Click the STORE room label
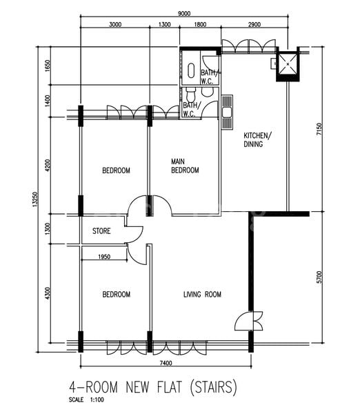(101, 231)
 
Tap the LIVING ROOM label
(203, 294)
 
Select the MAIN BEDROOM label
(185, 166)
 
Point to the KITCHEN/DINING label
(257, 139)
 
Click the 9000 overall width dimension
(184, 14)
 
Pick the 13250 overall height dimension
(35, 199)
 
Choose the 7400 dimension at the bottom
(166, 363)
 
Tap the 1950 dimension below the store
(104, 257)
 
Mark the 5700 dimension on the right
(319, 277)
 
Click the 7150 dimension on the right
(319, 129)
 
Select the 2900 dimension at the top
(254, 25)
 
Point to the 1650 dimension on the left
(48, 66)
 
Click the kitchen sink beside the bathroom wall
(227, 112)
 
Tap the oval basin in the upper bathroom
(191, 70)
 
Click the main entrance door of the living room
(249, 321)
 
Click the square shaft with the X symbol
(288, 64)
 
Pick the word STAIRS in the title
(213, 387)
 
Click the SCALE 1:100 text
(86, 400)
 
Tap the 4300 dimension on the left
(48, 293)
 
